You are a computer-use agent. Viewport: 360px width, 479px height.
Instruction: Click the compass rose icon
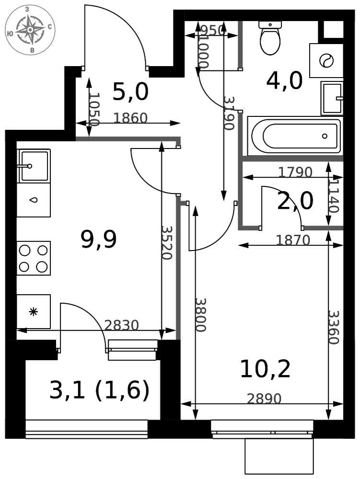[30, 30]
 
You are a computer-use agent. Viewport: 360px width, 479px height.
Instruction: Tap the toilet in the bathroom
[270, 38]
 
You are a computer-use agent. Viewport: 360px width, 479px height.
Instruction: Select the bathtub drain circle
[325, 136]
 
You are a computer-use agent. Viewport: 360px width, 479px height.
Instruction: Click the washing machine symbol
[326, 60]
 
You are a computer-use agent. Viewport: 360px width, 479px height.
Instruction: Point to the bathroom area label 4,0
[284, 80]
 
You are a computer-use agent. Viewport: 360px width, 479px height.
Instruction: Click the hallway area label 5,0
[130, 91]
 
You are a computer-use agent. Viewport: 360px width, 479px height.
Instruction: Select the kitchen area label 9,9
[99, 239]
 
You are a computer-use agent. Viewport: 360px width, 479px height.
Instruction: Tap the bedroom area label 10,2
[265, 369]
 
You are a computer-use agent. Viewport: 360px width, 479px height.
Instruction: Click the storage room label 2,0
[295, 201]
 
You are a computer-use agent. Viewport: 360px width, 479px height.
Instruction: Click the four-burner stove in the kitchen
[34, 259]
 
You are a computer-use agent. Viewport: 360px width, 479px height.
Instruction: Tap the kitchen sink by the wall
[34, 166]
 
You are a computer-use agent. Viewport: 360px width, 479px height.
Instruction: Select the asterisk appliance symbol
[33, 312]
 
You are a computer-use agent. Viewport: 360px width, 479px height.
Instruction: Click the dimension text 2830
[121, 325]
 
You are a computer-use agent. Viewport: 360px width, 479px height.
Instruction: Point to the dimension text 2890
[264, 399]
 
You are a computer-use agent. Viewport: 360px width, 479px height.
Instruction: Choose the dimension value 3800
[201, 315]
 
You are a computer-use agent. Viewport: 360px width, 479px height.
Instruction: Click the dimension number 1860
[130, 118]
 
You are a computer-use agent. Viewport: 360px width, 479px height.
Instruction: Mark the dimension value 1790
[295, 172]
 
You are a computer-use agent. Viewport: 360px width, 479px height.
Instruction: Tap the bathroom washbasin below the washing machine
[332, 98]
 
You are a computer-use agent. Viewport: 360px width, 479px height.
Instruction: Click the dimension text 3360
[334, 328]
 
